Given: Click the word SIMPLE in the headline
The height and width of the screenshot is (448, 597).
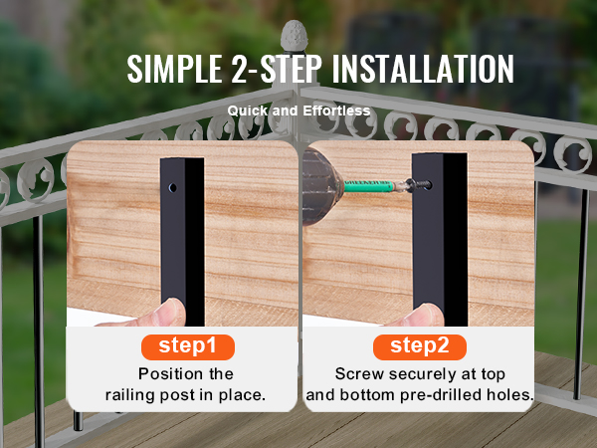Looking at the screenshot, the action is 175,69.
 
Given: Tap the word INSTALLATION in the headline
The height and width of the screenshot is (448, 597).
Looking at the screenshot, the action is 423,69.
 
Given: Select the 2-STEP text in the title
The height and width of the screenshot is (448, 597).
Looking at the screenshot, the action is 277,69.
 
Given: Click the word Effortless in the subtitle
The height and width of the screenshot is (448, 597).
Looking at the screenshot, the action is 336,111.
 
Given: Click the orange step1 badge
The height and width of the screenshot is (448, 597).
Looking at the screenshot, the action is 188,347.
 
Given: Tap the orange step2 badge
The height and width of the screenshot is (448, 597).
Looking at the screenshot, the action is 420,347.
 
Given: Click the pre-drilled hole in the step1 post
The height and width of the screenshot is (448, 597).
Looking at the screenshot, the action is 172,187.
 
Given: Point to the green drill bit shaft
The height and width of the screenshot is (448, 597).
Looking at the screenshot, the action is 368,185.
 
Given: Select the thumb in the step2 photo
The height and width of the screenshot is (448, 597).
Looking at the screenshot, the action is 423,315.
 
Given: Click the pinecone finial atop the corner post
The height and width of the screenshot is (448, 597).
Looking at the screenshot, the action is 294,36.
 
